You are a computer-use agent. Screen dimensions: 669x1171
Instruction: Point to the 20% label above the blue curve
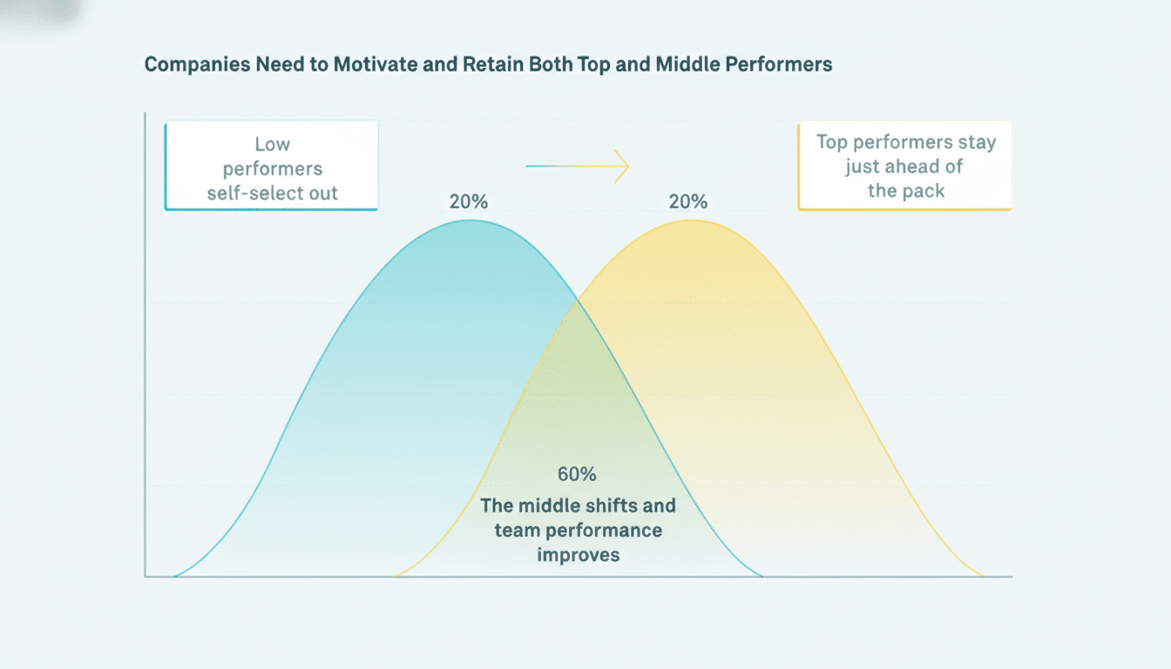[469, 202]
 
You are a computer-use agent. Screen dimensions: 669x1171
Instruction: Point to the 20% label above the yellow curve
[688, 202]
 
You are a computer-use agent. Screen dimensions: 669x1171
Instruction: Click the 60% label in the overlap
[577, 475]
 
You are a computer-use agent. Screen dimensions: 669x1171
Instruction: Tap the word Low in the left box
[272, 145]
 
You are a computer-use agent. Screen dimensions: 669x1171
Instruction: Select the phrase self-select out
[272, 193]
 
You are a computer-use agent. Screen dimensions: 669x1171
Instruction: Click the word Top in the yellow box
[833, 142]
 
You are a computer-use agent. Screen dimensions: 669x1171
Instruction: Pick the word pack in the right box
[925, 191]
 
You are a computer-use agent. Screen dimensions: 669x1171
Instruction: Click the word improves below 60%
[578, 555]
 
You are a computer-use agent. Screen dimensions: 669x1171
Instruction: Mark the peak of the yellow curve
[690, 220]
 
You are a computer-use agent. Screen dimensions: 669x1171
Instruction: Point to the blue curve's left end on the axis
[174, 576]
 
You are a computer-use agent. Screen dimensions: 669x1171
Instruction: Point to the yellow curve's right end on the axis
[985, 576]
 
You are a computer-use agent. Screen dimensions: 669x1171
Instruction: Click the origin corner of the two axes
[145, 576]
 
